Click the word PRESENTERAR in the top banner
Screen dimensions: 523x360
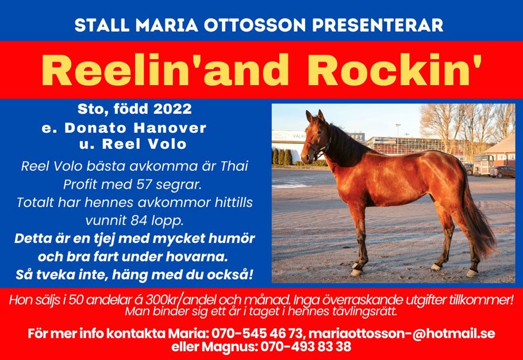click(378, 25)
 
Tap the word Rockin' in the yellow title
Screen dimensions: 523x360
click(395, 70)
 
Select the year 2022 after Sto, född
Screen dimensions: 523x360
click(172, 109)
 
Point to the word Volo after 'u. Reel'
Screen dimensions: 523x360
click(167, 144)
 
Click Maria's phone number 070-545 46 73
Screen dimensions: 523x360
click(257, 334)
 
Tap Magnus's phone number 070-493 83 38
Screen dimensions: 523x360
click(306, 347)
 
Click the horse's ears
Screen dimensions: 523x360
click(315, 116)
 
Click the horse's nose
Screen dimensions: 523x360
click(305, 157)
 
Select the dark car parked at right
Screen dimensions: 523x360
click(502, 171)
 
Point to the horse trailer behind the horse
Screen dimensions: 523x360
click(483, 164)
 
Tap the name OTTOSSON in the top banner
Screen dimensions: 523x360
click(255, 25)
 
